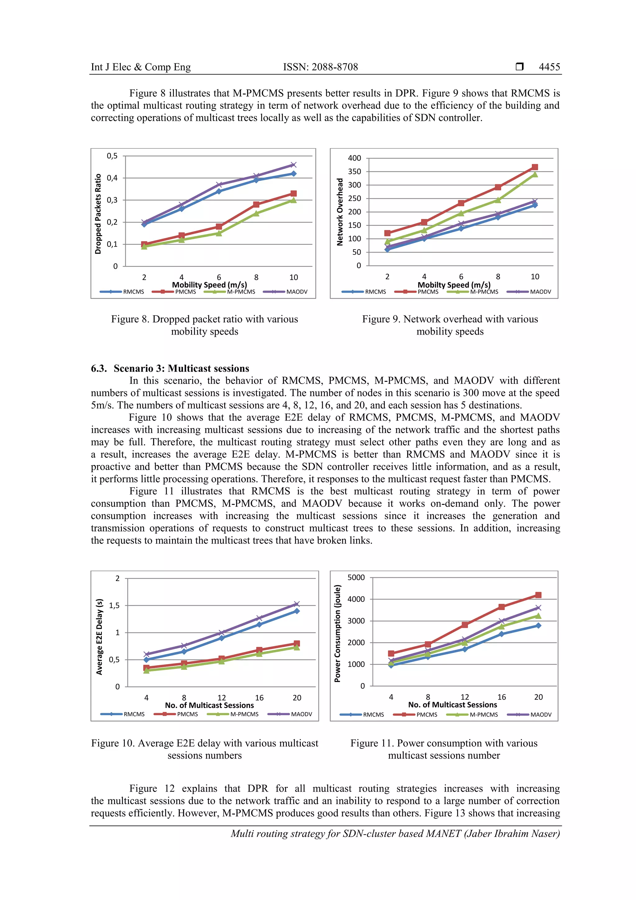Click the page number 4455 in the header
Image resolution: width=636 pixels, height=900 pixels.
pos(549,67)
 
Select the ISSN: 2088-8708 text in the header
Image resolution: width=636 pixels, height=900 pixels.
pos(320,67)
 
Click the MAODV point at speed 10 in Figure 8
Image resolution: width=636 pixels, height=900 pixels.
pos(293,165)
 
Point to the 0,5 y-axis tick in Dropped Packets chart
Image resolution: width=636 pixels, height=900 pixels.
pos(112,156)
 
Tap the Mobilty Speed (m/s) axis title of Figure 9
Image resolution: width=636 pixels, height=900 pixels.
pos(454,285)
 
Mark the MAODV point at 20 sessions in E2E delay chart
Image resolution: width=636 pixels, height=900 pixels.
pos(297,604)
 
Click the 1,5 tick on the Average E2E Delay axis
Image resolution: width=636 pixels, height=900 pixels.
pos(114,605)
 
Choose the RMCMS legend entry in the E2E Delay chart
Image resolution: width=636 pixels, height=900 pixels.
pos(122,714)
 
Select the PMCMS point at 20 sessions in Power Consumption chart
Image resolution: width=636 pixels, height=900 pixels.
pos(538,595)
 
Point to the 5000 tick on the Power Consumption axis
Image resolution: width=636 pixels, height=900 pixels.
pos(356,578)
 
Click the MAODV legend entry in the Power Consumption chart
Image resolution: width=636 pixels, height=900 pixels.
pos(529,715)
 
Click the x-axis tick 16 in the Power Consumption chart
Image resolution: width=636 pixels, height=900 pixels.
pos(502,697)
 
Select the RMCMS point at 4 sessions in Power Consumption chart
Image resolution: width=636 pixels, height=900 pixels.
pos(391,665)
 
